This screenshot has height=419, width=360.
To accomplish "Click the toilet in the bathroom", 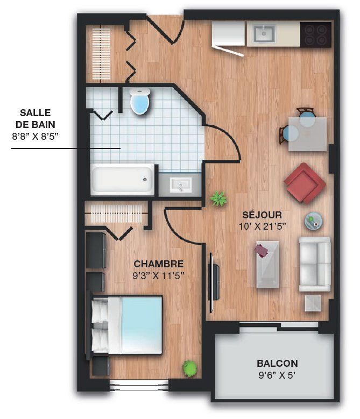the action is pyautogui.click(x=140, y=102).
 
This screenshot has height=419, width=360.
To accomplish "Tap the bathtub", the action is pyautogui.click(x=123, y=180).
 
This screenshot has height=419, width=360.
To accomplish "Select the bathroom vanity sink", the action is pyautogui.click(x=181, y=184).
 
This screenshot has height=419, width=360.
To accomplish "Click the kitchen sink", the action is pyautogui.click(x=264, y=33).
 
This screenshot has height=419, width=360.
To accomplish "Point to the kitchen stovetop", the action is pyautogui.click(x=316, y=35).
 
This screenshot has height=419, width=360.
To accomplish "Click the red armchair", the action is pyautogui.click(x=305, y=183).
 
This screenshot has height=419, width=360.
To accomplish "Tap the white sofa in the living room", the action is pyautogui.click(x=315, y=264).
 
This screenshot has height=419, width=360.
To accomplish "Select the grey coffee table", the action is pyautogui.click(x=268, y=265).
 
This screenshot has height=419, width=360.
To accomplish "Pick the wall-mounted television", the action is pyautogui.click(x=213, y=282).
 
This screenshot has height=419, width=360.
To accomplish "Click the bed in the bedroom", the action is pyautogui.click(x=125, y=325).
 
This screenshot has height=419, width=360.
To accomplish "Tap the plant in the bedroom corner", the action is pyautogui.click(x=190, y=368).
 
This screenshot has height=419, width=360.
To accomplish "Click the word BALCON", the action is pyautogui.click(x=277, y=364).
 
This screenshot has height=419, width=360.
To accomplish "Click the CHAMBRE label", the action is pyautogui.click(x=159, y=264).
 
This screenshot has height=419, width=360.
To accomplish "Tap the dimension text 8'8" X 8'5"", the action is pyautogui.click(x=35, y=137).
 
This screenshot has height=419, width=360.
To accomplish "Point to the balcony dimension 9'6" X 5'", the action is pyautogui.click(x=277, y=375).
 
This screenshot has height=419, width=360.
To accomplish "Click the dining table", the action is pyautogui.click(x=307, y=134).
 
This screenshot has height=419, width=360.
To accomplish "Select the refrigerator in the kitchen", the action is pyautogui.click(x=229, y=33).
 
